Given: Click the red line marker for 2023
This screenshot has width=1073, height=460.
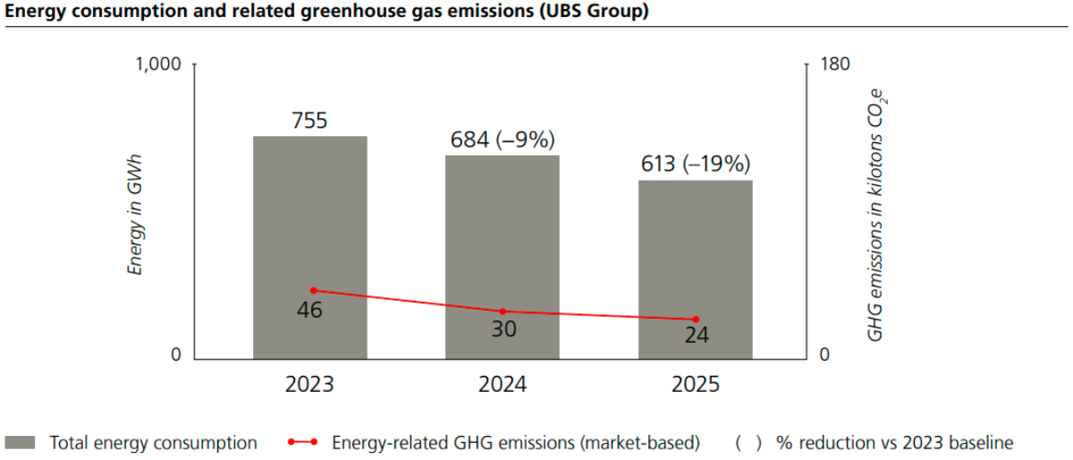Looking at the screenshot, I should (x=313, y=290).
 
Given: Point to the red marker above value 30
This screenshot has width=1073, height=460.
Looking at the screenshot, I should (x=503, y=311).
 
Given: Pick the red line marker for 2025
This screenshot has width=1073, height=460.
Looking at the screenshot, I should (x=696, y=319).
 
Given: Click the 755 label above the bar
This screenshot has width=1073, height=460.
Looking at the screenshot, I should (x=309, y=121).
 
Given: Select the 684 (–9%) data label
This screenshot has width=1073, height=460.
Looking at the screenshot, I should (x=503, y=140).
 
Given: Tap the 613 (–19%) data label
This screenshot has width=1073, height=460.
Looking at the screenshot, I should (x=695, y=164).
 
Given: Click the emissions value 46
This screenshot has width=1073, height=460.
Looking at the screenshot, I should (x=309, y=311).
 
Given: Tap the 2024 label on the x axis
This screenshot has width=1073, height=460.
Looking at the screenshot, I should (x=503, y=386).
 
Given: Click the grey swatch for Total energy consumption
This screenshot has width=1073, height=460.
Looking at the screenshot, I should (x=20, y=443).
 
